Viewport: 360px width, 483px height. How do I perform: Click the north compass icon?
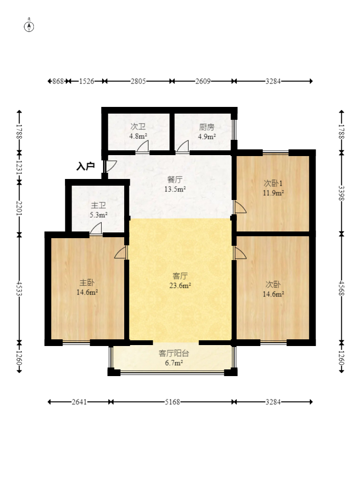click(x=29, y=27)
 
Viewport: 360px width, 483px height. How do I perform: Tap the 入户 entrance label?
click(x=85, y=167)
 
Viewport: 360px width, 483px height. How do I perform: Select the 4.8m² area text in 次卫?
click(x=138, y=136)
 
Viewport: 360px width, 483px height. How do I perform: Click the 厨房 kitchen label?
click(x=207, y=127)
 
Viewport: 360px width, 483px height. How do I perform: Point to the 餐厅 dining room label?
click(x=175, y=179)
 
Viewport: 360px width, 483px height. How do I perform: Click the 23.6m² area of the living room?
click(x=180, y=285)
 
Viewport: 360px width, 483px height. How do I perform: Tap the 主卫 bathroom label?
click(x=98, y=205)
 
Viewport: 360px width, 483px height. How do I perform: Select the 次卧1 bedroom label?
click(x=273, y=183)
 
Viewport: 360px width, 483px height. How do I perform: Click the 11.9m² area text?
click(x=273, y=193)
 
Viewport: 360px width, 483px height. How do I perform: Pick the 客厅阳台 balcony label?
click(x=174, y=353)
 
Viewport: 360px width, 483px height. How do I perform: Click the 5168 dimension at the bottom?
click(x=172, y=402)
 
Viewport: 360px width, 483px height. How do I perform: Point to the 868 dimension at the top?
click(x=58, y=81)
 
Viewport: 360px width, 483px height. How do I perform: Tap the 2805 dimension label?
click(x=138, y=81)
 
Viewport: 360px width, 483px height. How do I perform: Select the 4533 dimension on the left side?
click(x=20, y=288)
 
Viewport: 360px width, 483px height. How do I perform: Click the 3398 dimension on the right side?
click(x=341, y=193)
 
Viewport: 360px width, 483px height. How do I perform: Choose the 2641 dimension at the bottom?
click(x=79, y=402)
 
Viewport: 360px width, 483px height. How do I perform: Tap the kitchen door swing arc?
click(x=182, y=147)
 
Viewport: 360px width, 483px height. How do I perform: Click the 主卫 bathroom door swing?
click(x=96, y=229)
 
